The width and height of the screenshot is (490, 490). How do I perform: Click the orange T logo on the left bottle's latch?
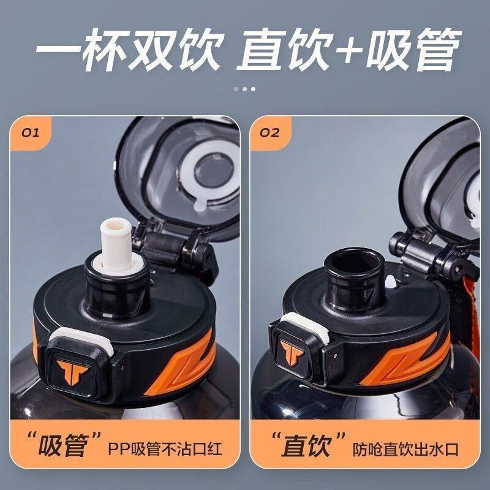tap(72, 372)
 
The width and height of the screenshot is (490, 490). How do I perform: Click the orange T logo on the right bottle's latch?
tap(292, 353)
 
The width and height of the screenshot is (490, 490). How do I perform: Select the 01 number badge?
tap(31, 133)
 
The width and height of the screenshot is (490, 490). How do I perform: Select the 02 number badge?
tap(269, 133)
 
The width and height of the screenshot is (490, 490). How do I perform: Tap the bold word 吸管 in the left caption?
tap(63, 446)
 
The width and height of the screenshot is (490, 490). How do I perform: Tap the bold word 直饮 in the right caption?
tap(307, 446)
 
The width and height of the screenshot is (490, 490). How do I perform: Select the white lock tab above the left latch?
tap(82, 341)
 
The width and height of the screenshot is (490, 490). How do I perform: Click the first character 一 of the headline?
tap(58, 50)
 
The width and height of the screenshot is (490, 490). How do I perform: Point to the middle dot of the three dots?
tap(244, 89)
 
